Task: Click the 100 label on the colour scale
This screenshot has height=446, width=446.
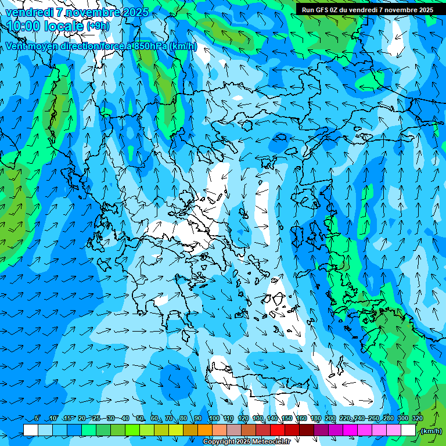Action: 214,418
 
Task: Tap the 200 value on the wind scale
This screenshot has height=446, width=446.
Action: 330,418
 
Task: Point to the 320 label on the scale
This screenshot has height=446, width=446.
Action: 417,418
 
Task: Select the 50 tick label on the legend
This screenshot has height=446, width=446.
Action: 140,418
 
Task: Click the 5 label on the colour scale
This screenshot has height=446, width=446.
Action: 37,418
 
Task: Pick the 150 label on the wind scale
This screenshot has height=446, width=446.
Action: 287,418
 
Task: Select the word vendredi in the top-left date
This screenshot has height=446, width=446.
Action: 29,12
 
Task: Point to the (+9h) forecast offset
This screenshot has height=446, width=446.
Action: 97,26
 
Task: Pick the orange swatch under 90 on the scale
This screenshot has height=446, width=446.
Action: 204,430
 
